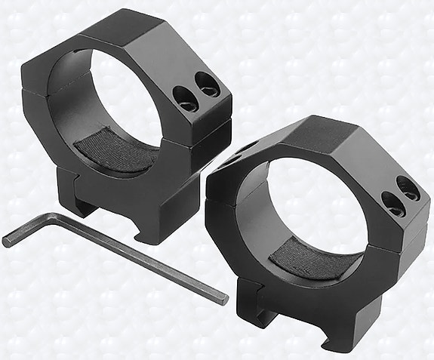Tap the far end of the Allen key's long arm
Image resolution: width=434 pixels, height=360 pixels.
click(x=223, y=300)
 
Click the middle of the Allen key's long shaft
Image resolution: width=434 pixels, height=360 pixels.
click(x=136, y=259)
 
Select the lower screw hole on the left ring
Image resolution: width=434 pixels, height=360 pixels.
click(x=183, y=96)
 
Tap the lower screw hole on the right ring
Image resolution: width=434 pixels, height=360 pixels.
click(x=392, y=201)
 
